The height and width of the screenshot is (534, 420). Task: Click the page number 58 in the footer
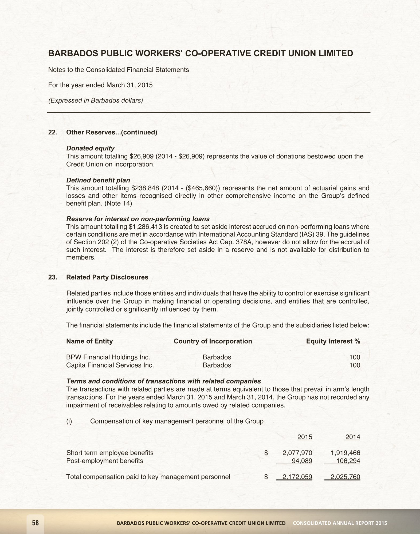[35, 523]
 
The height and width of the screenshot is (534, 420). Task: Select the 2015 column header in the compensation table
[305, 437]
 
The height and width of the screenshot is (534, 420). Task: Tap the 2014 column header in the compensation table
[353, 437]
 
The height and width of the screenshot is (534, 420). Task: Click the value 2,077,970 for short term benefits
[297, 453]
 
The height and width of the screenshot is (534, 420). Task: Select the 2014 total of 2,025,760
[345, 477]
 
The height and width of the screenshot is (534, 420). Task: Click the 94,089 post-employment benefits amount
[302, 461]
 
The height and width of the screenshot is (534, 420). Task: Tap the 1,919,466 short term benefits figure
[345, 453]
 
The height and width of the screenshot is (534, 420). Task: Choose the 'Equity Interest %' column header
[333, 341]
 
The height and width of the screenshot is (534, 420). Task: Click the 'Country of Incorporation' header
[213, 341]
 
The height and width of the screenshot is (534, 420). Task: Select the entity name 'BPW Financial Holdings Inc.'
[108, 357]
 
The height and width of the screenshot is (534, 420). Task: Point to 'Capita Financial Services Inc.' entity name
[110, 365]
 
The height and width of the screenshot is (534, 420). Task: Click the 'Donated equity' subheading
[90, 148]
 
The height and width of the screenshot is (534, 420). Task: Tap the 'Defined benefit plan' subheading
[98, 180]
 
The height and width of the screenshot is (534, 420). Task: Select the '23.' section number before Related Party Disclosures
[53, 277]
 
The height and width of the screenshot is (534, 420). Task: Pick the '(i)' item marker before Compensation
[69, 421]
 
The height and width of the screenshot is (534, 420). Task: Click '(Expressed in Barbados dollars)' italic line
[96, 101]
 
